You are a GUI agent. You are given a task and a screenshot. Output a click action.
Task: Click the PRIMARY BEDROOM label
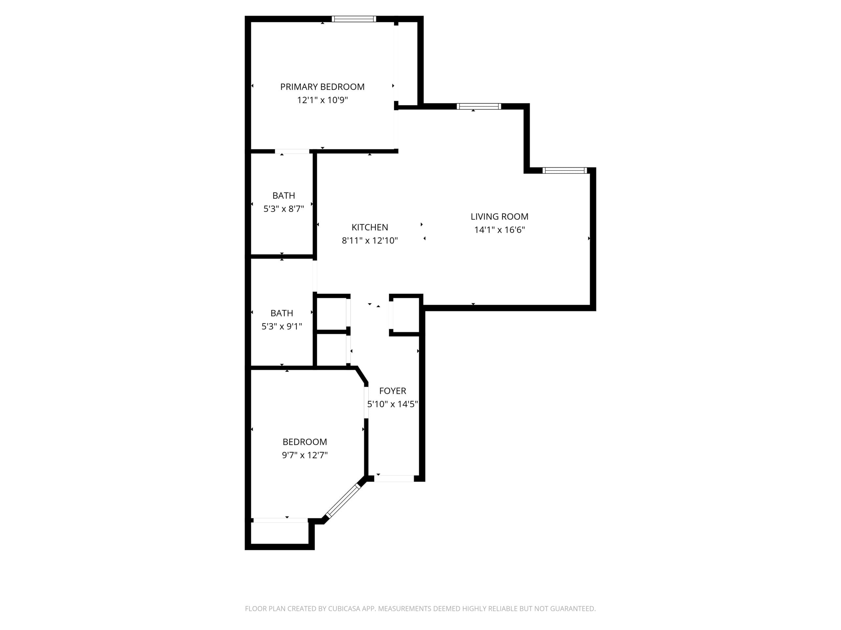tap(322, 87)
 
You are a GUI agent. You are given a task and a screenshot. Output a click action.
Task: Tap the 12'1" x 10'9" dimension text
tap(322, 100)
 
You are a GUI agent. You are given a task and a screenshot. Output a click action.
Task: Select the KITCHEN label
tap(370, 227)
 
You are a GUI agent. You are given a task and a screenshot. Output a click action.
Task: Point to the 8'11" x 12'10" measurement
tap(370, 241)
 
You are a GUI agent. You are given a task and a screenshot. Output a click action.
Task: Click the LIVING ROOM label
tap(499, 217)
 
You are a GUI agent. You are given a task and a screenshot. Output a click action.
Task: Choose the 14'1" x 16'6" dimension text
tap(499, 230)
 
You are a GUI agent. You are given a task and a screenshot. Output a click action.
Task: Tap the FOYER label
tap(392, 391)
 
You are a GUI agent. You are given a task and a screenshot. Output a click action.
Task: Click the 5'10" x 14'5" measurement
tap(392, 404)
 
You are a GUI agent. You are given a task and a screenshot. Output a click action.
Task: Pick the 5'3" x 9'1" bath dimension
tap(282, 326)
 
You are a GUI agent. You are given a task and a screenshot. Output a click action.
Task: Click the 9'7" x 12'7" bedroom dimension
tap(305, 455)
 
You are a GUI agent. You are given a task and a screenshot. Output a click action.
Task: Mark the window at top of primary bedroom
tap(353, 19)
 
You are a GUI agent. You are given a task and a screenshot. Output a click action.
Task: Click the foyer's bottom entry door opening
tap(394, 478)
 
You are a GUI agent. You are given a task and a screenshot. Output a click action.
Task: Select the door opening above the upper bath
tap(292, 152)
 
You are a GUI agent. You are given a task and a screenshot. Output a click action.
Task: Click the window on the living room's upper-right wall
tap(565, 171)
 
